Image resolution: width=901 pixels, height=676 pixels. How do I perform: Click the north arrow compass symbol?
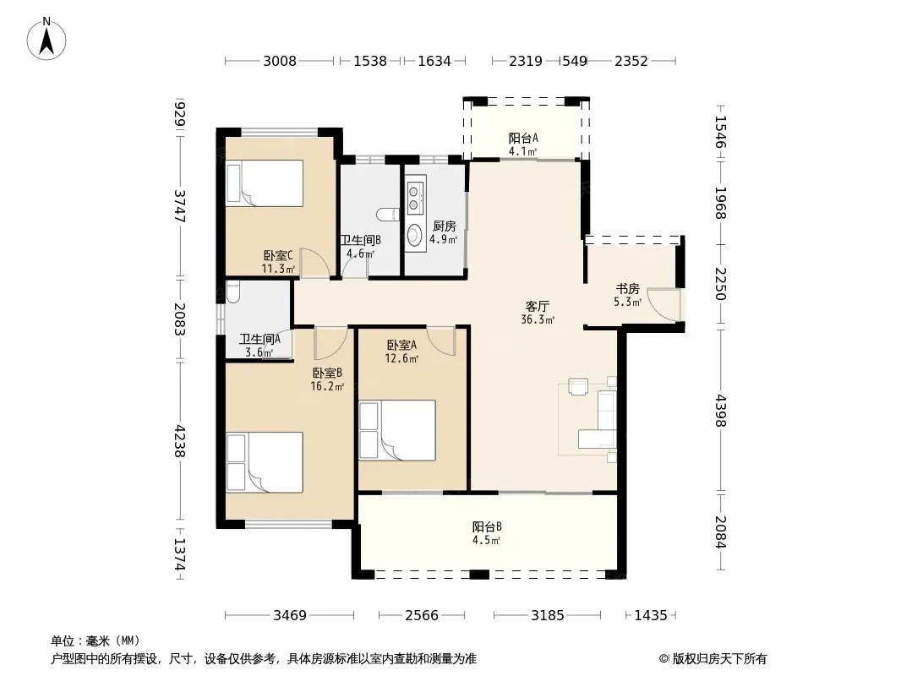click(46, 39)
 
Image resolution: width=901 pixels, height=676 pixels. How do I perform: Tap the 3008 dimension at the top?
click(279, 61)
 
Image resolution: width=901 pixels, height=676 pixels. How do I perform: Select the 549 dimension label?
click(574, 61)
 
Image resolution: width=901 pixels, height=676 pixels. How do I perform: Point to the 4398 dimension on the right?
click(721, 412)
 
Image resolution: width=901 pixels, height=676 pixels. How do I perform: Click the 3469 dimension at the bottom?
click(290, 616)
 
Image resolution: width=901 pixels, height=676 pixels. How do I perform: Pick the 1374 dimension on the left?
click(180, 554)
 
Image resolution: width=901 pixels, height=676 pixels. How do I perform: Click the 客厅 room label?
click(537, 306)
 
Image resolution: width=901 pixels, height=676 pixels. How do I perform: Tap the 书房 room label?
click(627, 288)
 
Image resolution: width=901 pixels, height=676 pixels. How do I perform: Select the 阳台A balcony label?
click(523, 138)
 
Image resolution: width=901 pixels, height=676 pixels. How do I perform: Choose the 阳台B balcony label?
click(488, 526)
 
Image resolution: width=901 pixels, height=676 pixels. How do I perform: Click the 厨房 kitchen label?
click(445, 226)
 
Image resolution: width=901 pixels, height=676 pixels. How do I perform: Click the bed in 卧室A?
click(397, 430)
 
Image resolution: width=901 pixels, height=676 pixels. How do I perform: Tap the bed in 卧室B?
click(265, 462)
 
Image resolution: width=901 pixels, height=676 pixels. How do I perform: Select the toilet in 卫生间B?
click(388, 215)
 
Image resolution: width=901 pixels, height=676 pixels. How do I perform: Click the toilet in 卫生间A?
click(232, 292)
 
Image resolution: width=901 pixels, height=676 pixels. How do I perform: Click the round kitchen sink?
click(413, 235)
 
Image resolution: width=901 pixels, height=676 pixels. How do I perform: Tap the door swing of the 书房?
click(667, 304)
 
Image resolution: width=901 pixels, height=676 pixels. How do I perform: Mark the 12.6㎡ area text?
click(401, 359)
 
